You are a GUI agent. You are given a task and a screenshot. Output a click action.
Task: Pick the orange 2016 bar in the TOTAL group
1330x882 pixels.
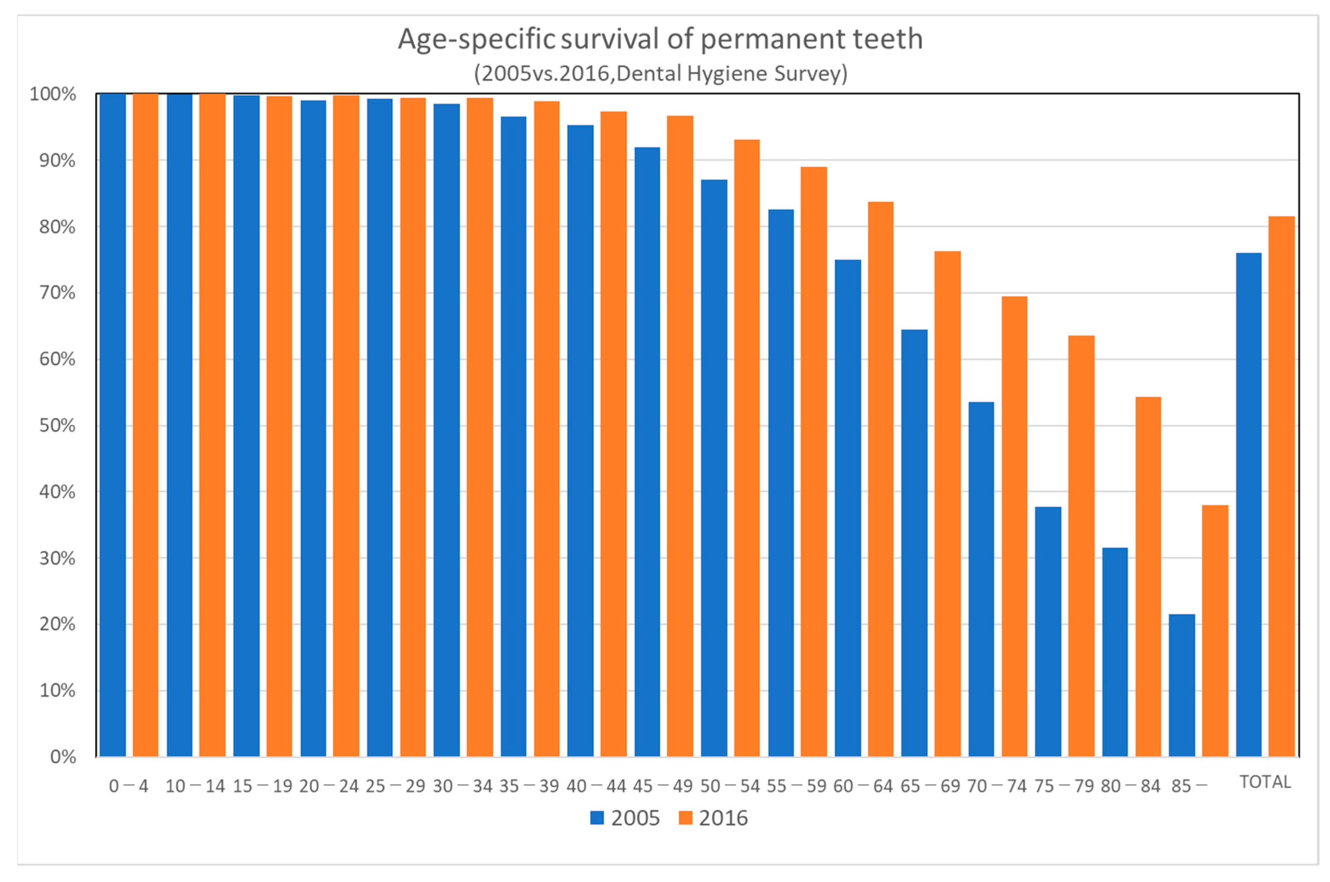pos(1282,487)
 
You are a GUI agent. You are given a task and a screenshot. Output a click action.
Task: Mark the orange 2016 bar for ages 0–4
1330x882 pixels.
pos(145,425)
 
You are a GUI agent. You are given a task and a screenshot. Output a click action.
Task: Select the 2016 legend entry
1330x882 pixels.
pos(713,818)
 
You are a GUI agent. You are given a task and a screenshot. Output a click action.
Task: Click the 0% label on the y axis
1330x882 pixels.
pos(63,757)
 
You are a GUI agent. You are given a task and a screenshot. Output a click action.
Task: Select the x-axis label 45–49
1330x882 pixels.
pos(662,786)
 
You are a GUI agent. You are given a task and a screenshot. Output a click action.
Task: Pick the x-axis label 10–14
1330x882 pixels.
pos(195,786)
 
